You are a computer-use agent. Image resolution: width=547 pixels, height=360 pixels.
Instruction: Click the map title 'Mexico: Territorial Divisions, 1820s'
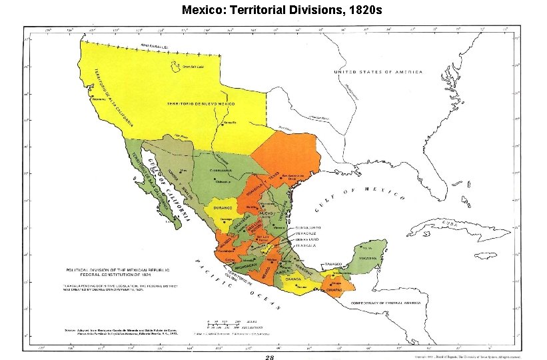tap(273, 11)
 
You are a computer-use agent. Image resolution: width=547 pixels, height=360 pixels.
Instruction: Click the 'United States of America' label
tap(378, 71)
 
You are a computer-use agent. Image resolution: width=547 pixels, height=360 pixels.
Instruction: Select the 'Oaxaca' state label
tap(304, 280)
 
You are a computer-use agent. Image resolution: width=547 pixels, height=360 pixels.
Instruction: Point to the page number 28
tap(269, 357)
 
